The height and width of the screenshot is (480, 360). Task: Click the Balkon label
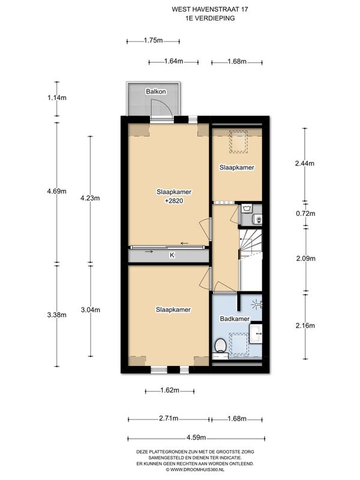156,92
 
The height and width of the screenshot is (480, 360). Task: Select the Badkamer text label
235,319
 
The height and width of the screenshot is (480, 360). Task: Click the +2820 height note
174,201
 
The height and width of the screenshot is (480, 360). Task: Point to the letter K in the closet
172,254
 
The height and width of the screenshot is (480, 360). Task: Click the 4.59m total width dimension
196,437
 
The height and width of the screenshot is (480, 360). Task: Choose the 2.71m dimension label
169,418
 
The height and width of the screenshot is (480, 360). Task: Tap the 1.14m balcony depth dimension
57,98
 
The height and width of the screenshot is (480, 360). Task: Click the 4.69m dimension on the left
57,191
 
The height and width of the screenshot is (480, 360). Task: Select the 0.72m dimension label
305,214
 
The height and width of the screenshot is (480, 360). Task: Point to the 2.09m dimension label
305,259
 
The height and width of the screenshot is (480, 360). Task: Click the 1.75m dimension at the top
154,40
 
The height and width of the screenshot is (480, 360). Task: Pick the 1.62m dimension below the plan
170,391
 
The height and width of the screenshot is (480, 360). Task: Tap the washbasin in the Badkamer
256,334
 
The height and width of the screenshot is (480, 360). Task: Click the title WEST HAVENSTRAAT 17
210,9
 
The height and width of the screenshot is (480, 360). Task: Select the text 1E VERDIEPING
210,18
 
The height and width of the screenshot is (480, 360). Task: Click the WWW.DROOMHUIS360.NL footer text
196,469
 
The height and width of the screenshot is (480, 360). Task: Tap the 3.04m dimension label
91,310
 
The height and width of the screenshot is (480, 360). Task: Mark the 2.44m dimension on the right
305,163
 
